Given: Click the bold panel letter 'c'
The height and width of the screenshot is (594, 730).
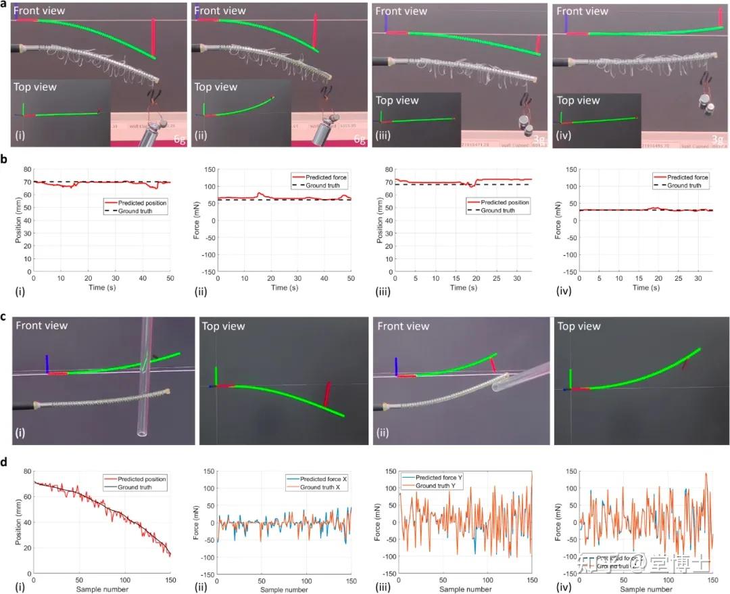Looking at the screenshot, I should tap(4, 315).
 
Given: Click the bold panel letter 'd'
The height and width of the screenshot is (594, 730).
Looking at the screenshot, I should tap(4, 463).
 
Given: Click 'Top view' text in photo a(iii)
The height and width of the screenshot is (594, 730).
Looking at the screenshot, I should tap(397, 101).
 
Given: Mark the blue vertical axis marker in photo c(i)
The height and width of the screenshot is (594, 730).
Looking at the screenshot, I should tap(47, 363).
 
